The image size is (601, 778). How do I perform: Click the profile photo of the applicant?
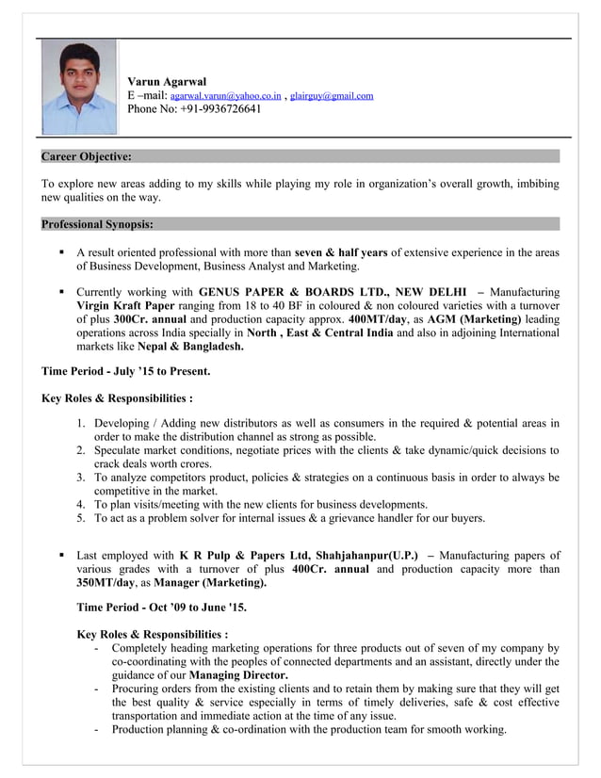coord(78,86)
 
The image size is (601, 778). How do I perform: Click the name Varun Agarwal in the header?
coord(167,82)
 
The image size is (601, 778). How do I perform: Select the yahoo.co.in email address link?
coord(225,96)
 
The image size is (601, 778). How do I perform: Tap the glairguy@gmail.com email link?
coord(332,96)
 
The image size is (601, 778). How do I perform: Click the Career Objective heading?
coord(87,156)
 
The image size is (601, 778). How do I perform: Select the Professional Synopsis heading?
coord(97,224)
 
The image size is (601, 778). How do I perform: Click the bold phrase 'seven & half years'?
coord(341,252)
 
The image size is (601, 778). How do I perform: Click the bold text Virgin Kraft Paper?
coord(125,306)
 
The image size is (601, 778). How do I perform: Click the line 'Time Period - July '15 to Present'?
coord(125,372)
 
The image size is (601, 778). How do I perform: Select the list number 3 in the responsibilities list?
coord(82,478)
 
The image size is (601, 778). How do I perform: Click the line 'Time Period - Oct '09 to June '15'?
coord(161,608)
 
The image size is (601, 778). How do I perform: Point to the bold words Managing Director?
coord(238,675)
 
